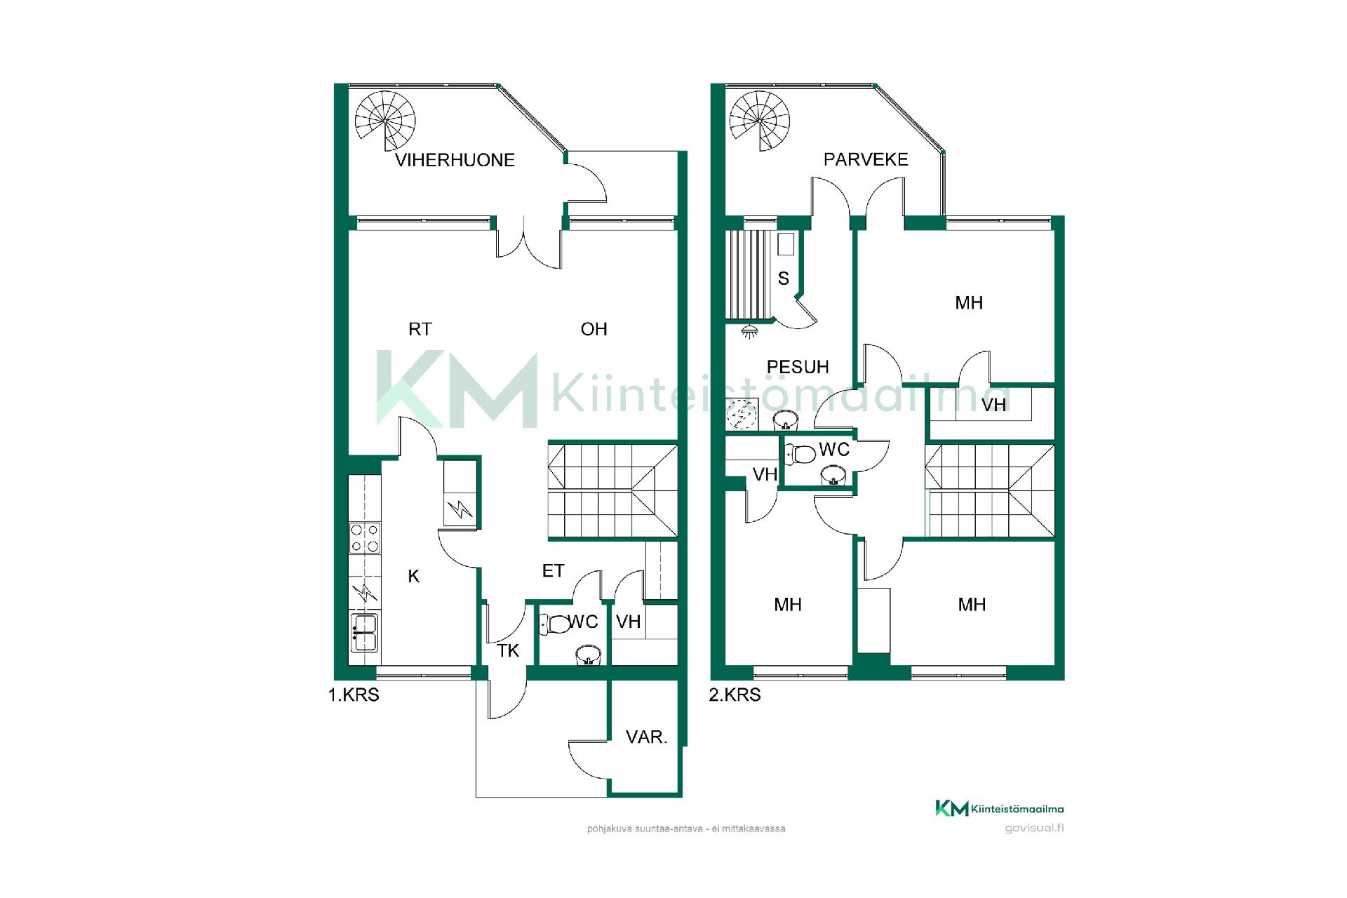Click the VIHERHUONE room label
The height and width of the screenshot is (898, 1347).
click(455, 160)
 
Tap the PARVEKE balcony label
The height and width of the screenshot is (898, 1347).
click(866, 159)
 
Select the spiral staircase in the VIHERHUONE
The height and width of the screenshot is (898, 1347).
click(384, 121)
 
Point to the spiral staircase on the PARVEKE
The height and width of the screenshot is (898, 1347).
click(760, 121)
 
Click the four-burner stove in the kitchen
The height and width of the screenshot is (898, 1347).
click(365, 537)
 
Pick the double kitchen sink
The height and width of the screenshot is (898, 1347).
click(365, 633)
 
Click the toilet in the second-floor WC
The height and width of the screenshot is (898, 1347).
click(800, 454)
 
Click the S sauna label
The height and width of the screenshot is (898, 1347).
click(784, 279)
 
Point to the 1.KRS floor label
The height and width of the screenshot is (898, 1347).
click(354, 695)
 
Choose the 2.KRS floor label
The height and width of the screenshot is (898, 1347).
click(735, 695)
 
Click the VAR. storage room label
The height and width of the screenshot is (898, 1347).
click(646, 737)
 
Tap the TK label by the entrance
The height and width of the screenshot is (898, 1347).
click(508, 651)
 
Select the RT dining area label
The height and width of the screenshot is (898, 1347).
click(420, 329)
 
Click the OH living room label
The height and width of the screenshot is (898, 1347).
click(594, 329)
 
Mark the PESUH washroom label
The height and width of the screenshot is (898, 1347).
click(798, 367)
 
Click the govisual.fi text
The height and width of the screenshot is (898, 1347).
click(1034, 828)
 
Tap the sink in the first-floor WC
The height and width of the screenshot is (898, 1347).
click(588, 655)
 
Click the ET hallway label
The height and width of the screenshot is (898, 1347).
click(554, 571)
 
